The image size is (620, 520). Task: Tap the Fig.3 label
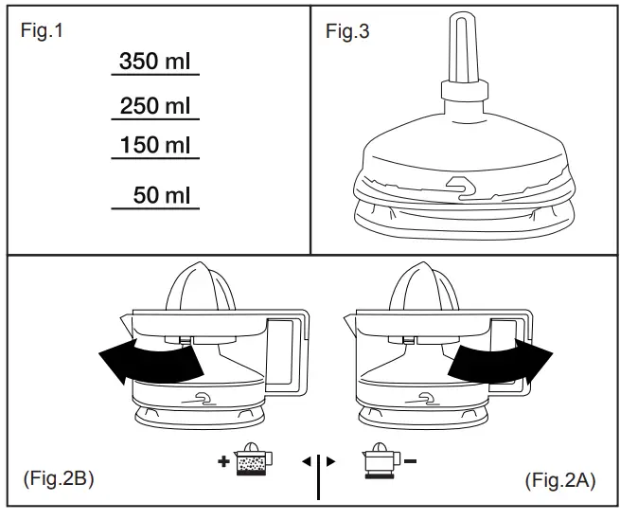coord(347,31)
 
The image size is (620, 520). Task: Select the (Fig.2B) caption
coord(56,480)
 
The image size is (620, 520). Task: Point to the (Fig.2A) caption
coord(560,480)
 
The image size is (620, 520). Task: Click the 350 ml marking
coord(155,63)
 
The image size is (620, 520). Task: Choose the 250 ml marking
coord(155,106)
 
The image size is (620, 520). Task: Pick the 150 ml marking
coord(155,146)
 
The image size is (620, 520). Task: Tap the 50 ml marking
coord(161,196)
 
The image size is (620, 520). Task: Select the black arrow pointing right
coord(498,360)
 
